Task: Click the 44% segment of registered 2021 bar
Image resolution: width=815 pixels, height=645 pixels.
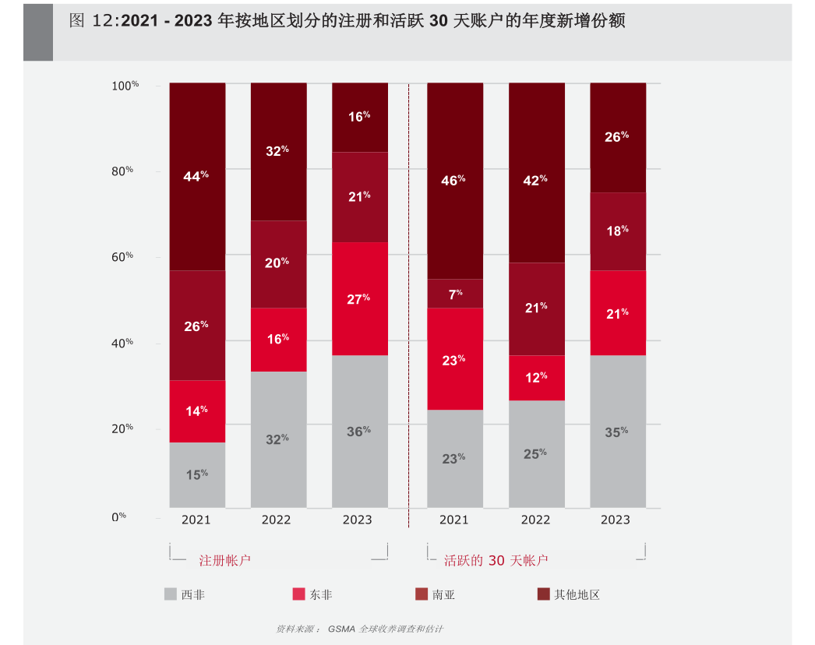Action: tap(197, 176)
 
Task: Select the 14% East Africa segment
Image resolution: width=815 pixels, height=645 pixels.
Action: tap(197, 411)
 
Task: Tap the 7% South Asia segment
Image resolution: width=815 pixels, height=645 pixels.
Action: tap(455, 294)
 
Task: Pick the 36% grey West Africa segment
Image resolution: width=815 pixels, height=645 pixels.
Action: tap(359, 431)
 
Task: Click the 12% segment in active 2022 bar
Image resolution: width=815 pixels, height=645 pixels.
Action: tap(536, 378)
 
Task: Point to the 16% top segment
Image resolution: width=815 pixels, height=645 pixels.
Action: tap(359, 117)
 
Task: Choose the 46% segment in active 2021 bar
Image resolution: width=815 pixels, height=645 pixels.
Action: tap(455, 180)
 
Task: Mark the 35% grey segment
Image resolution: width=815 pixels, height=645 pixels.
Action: tap(617, 432)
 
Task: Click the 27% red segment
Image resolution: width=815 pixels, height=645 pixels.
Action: tap(359, 298)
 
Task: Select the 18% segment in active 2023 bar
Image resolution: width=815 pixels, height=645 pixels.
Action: tap(617, 231)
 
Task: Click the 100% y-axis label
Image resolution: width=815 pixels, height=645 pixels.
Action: tap(125, 85)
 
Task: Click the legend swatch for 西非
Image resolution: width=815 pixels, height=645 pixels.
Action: tap(171, 594)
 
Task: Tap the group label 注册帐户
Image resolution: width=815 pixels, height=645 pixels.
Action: tap(224, 560)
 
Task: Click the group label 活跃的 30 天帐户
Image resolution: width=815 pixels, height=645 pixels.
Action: tap(496, 560)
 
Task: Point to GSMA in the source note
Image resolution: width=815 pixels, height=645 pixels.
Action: tap(341, 629)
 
